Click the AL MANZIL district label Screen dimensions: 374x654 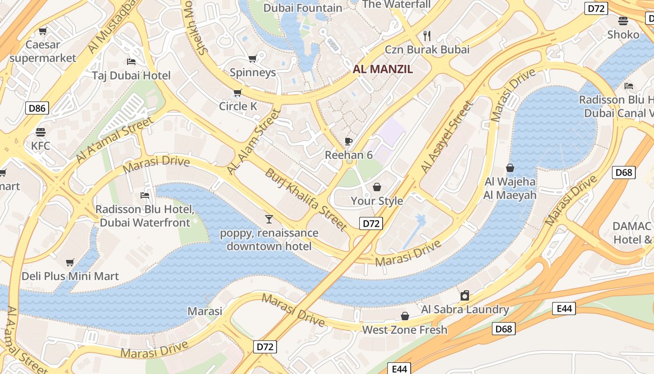[383, 69]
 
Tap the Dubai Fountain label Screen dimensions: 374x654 [303, 8]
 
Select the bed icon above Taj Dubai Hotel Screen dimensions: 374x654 [131, 62]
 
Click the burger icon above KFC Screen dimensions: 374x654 [41, 132]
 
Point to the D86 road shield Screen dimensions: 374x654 [37, 108]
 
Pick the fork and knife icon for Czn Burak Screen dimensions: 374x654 [427, 36]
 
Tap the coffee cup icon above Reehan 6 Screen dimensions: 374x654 [348, 141]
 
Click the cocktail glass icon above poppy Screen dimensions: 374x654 [269, 219]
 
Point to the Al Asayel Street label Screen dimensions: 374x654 [447, 137]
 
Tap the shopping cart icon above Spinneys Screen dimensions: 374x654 [252, 58]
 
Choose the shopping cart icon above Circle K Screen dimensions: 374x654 [237, 93]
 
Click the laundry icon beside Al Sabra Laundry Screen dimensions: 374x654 [464, 295]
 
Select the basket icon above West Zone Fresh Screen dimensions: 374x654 [405, 316]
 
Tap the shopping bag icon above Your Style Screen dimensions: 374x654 [377, 187]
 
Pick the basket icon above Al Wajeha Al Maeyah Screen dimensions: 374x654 [510, 168]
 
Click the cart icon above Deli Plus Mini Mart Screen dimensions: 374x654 [70, 262]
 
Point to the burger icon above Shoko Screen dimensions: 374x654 [623, 21]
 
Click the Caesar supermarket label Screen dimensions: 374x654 [43, 51]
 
